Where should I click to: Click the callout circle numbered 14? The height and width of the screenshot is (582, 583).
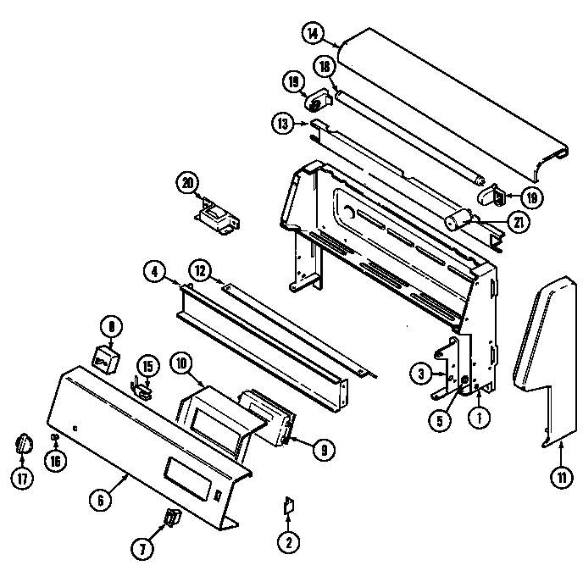point(314,35)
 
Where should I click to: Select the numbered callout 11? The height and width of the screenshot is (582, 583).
point(560,477)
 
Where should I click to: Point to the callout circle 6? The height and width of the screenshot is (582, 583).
point(100,500)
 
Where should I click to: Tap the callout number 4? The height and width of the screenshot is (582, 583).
point(153,273)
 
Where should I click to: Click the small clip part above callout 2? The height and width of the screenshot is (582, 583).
point(287,506)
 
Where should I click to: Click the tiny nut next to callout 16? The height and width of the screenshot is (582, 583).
point(56,437)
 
